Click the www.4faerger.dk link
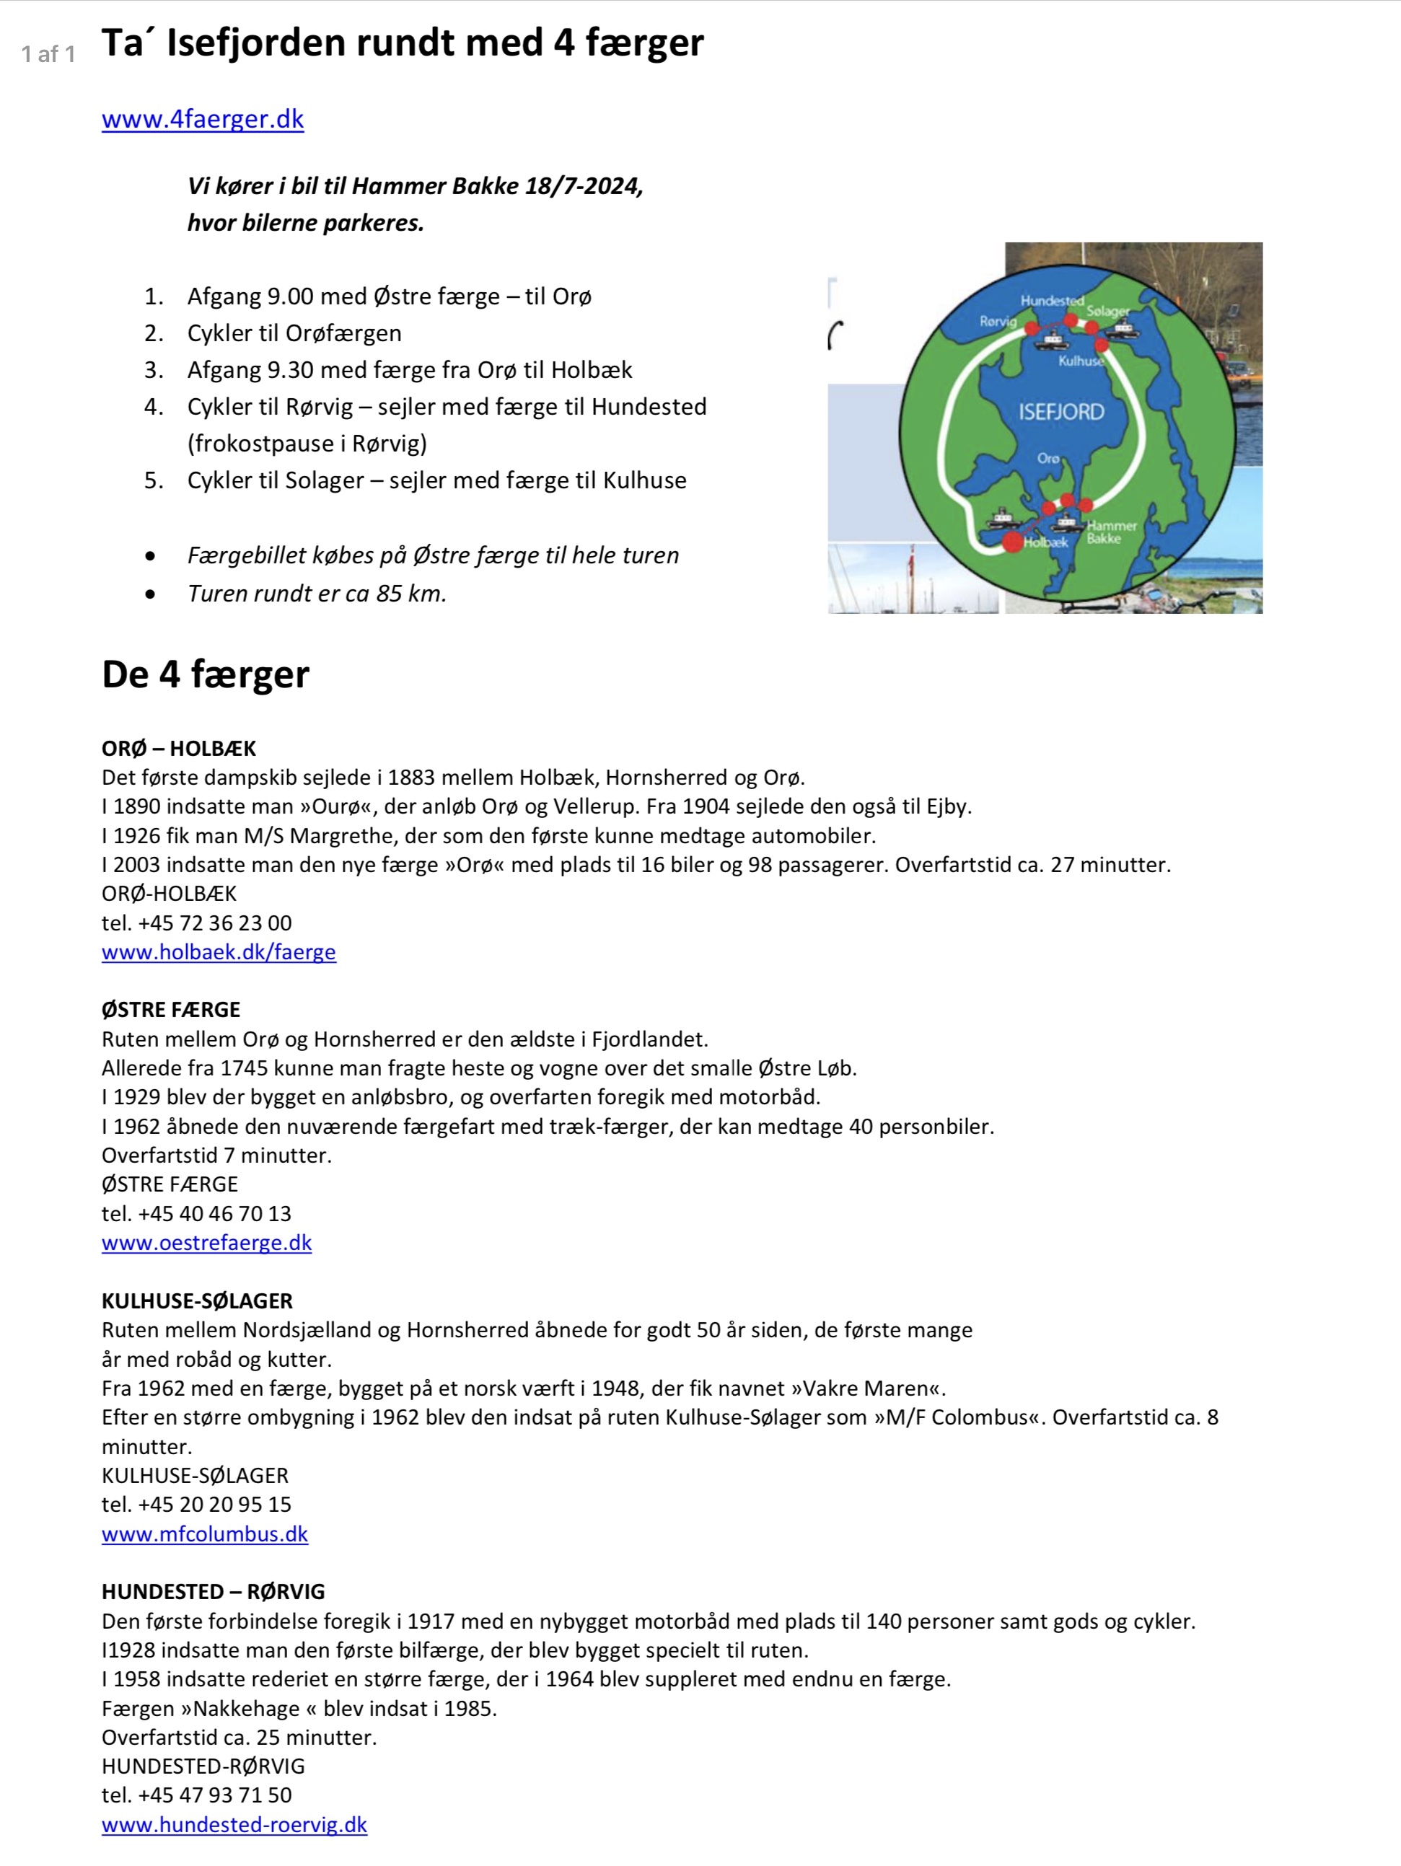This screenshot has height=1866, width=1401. [203, 119]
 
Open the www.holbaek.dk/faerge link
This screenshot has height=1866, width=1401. [219, 951]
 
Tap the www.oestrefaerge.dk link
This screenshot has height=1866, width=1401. [207, 1243]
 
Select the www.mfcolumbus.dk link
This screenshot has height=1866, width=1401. [204, 1533]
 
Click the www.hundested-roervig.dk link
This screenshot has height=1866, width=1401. [234, 1825]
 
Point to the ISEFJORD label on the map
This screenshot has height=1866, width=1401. [1061, 412]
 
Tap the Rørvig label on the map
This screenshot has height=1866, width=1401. [998, 322]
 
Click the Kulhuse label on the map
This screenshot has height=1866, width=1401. [1080, 361]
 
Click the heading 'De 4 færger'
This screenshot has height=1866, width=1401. [205, 675]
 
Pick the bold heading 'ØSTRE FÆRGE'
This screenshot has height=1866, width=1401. [170, 1010]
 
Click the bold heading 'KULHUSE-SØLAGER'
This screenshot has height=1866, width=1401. [197, 1301]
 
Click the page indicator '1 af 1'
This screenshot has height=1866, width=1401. [48, 55]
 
